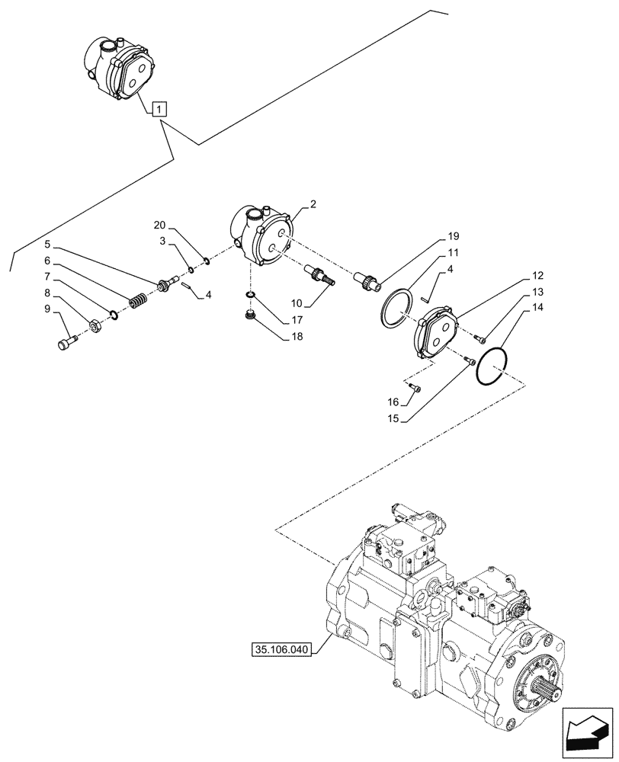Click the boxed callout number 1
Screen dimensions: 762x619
[158, 109]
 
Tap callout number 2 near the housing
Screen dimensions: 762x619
[313, 204]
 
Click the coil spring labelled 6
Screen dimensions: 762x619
[138, 302]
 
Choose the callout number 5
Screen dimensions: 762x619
[47, 245]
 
